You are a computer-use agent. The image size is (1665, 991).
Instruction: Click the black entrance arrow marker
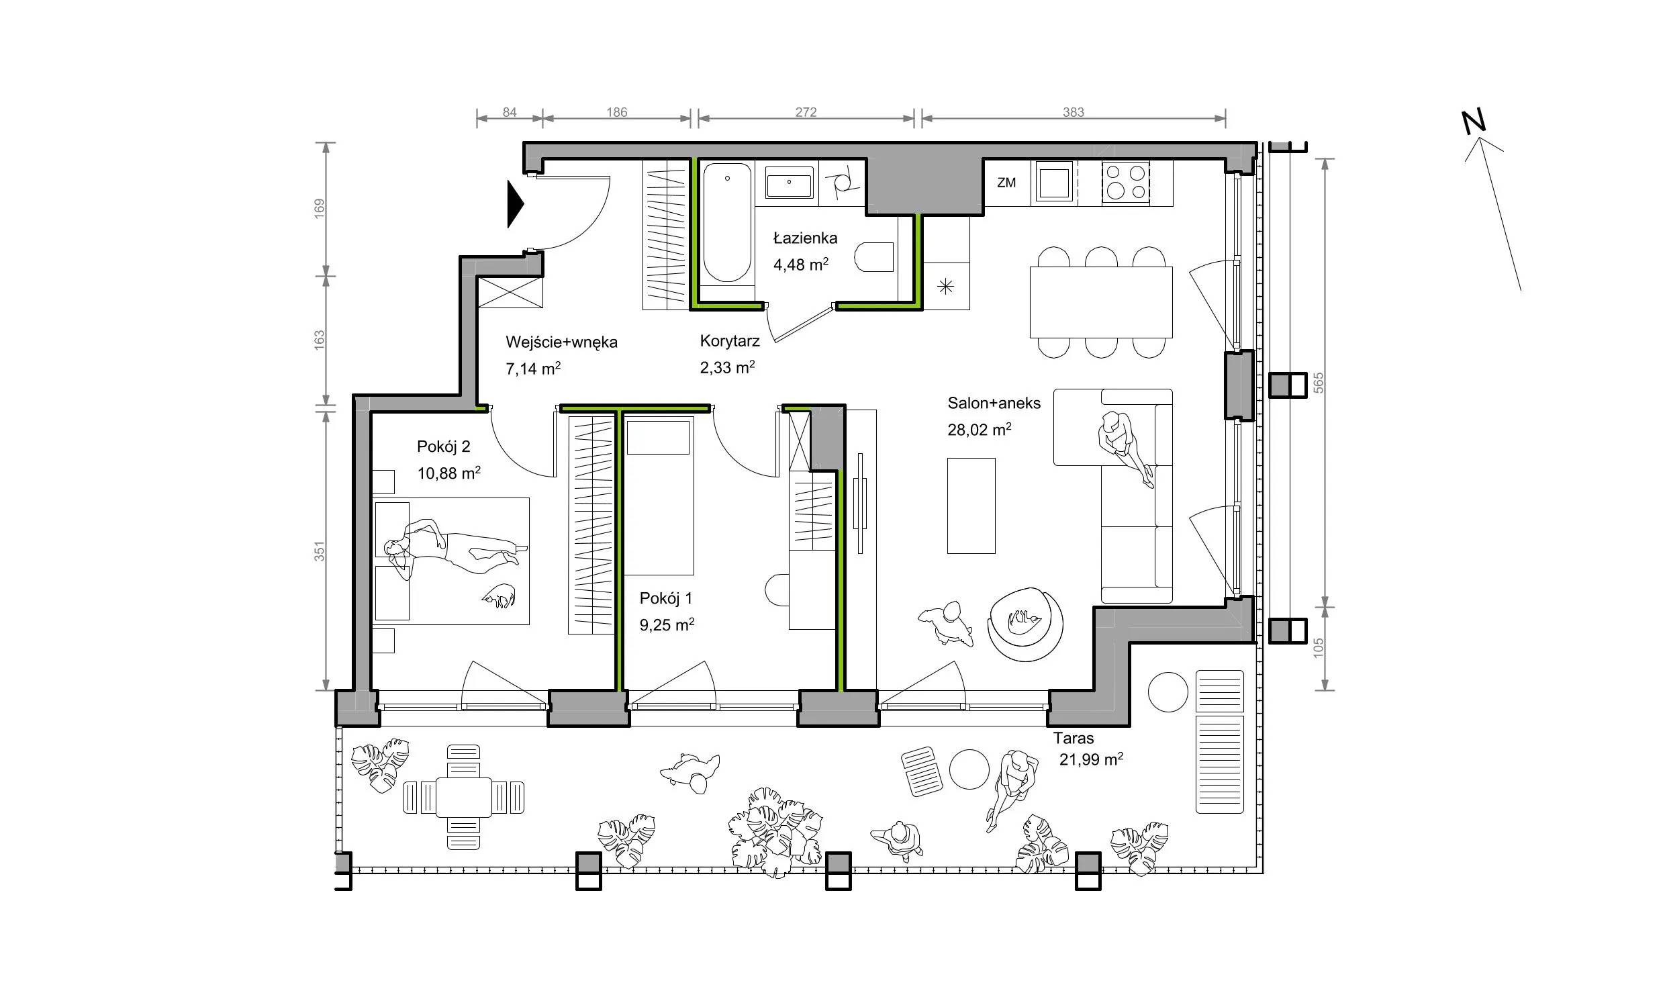pos(515,205)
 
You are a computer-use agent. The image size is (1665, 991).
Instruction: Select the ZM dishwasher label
pos(1006,183)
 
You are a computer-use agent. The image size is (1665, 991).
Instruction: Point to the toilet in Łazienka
pos(874,257)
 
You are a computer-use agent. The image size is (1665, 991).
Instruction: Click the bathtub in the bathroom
pos(726,223)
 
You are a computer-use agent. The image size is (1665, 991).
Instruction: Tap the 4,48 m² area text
pos(800,264)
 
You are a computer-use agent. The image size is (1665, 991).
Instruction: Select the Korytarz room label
pos(730,341)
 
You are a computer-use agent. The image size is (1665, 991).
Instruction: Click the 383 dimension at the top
pos(1074,112)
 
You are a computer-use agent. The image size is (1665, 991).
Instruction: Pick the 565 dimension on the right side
pos(1318,382)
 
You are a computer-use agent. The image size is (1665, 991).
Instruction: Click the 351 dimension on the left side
pos(320,551)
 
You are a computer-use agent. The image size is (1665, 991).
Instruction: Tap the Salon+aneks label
pos(994,404)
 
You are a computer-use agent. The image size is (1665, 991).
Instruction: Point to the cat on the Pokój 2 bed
pos(499,596)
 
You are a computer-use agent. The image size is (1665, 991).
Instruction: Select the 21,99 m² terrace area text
pos(1091,759)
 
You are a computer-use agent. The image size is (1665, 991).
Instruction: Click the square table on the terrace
pos(463,797)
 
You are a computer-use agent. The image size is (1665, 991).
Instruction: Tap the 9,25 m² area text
pos(667,625)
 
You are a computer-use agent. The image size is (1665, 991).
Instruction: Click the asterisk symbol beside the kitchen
pos(945,287)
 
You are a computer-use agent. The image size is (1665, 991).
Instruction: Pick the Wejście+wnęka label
pos(561,342)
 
